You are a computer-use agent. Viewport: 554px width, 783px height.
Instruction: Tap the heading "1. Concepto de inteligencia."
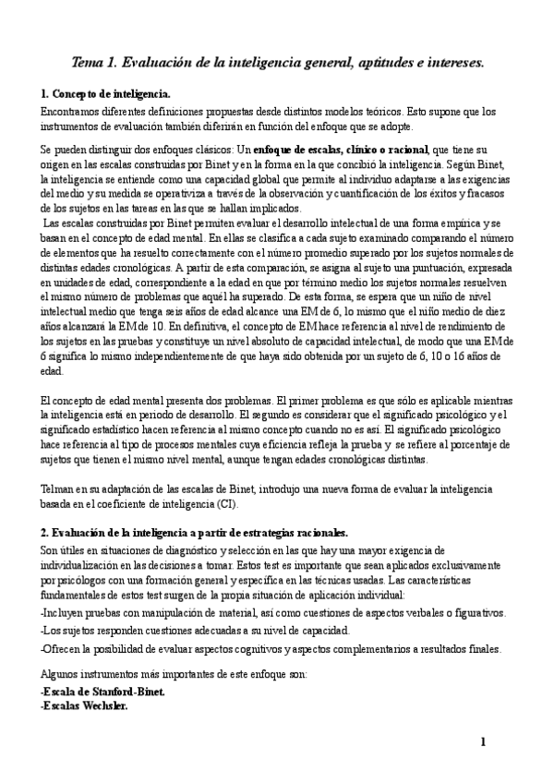coord(105,95)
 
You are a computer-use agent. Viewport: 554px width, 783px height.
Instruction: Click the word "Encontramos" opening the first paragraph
coord(71,111)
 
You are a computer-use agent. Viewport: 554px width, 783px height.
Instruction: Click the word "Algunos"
coord(62,674)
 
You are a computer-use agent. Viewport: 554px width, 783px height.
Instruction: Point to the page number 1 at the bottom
coord(482,742)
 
